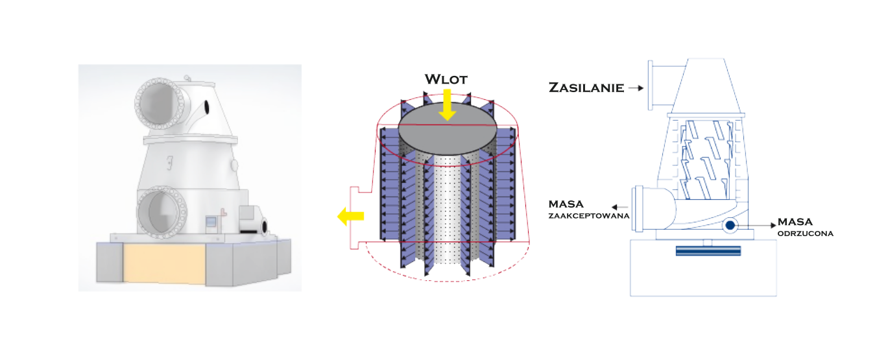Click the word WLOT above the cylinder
(x=446, y=79)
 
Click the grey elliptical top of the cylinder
(x=447, y=128)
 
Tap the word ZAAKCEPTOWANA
(x=588, y=215)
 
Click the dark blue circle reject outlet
(x=730, y=226)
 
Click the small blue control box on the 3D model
(x=211, y=222)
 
